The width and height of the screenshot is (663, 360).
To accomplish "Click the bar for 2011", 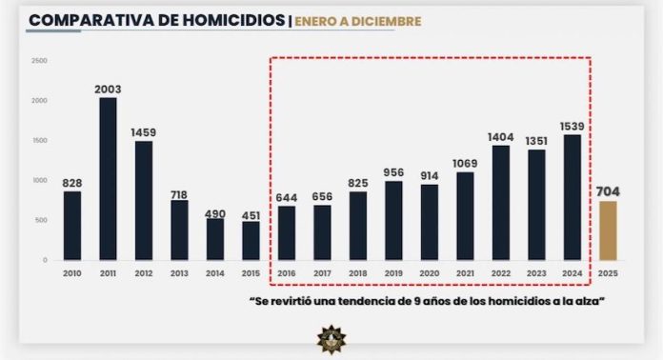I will (x=108, y=178).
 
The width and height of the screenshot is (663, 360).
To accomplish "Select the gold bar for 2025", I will (x=607, y=230).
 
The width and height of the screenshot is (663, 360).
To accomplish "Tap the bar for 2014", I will (x=215, y=239).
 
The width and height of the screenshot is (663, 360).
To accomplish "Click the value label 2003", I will (x=108, y=90).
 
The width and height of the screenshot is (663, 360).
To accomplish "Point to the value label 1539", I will (x=572, y=126).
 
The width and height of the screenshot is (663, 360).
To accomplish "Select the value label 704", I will (x=608, y=190).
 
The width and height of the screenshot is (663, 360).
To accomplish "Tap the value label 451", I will (x=251, y=213).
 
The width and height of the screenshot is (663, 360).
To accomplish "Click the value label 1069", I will (x=464, y=164).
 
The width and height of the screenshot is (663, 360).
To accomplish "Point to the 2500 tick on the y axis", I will (x=39, y=61).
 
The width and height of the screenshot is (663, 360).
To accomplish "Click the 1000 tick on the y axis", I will (x=39, y=180).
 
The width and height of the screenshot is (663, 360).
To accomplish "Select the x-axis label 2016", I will (x=286, y=273).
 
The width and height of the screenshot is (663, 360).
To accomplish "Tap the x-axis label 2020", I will (x=429, y=273).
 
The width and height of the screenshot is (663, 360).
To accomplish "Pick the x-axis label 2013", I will (x=179, y=273).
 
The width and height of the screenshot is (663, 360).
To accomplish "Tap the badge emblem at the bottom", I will (x=331, y=339).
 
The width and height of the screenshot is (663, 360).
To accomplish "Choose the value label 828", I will (x=71, y=183).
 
